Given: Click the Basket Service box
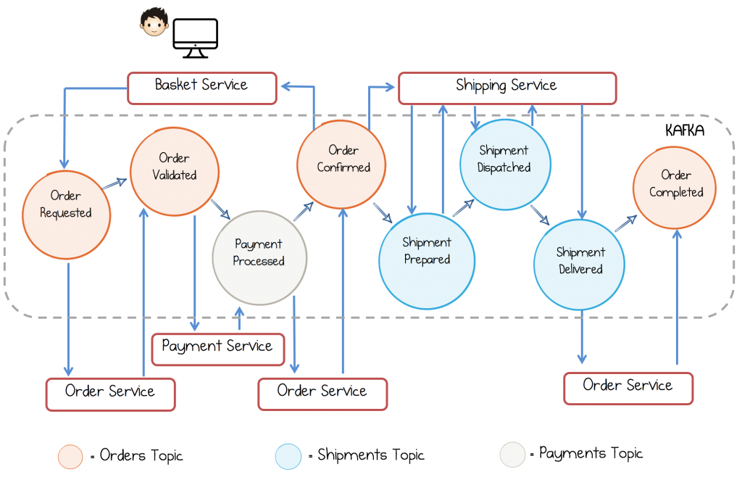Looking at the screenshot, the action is pyautogui.click(x=202, y=88).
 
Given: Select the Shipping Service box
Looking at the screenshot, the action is pyautogui.click(x=507, y=88).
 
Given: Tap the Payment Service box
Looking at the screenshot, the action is pyautogui.click(x=217, y=349).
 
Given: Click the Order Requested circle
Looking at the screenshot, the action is pyautogui.click(x=66, y=215).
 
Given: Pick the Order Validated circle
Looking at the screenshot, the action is pyautogui.click(x=175, y=171).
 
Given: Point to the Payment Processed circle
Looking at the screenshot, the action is pyautogui.click(x=259, y=258).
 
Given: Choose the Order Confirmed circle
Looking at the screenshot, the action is pyautogui.click(x=341, y=165).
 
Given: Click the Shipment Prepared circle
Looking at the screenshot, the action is pyautogui.click(x=427, y=261).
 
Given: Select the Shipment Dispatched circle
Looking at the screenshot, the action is pyautogui.click(x=505, y=165).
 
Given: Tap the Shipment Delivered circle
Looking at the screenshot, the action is pyautogui.click(x=579, y=265).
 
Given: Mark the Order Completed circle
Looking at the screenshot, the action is pyautogui.click(x=675, y=188).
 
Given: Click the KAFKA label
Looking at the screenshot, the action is pyautogui.click(x=685, y=130).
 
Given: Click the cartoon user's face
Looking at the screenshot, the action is pyautogui.click(x=154, y=22).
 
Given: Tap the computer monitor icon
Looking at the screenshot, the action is pyautogui.click(x=196, y=38).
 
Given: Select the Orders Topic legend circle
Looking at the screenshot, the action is pyautogui.click(x=70, y=457).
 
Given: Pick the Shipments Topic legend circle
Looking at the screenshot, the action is pyautogui.click(x=288, y=457).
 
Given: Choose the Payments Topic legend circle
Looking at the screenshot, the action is pyautogui.click(x=512, y=455).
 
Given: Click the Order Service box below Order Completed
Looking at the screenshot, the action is pyautogui.click(x=628, y=389).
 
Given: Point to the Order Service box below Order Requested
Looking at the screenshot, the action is pyautogui.click(x=111, y=394).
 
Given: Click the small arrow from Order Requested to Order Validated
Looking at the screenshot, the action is pyautogui.click(x=114, y=184).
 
